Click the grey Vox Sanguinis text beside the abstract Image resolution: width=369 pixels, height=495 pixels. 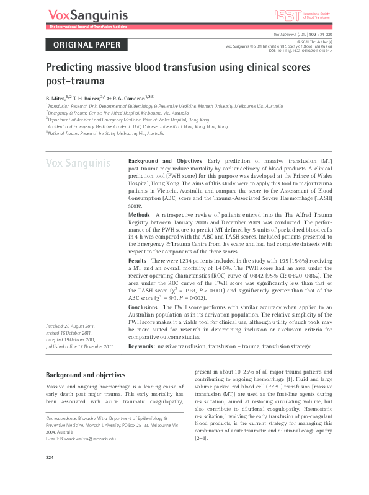click(x=78, y=164)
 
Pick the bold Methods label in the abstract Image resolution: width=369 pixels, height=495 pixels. click(x=139, y=214)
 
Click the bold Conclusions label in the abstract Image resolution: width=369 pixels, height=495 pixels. click(x=143, y=307)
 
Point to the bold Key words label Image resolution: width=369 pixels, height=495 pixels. click(x=141, y=346)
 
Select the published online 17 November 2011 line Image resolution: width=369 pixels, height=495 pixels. click(x=79, y=346)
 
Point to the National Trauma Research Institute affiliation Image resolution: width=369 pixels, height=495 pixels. click(x=97, y=133)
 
